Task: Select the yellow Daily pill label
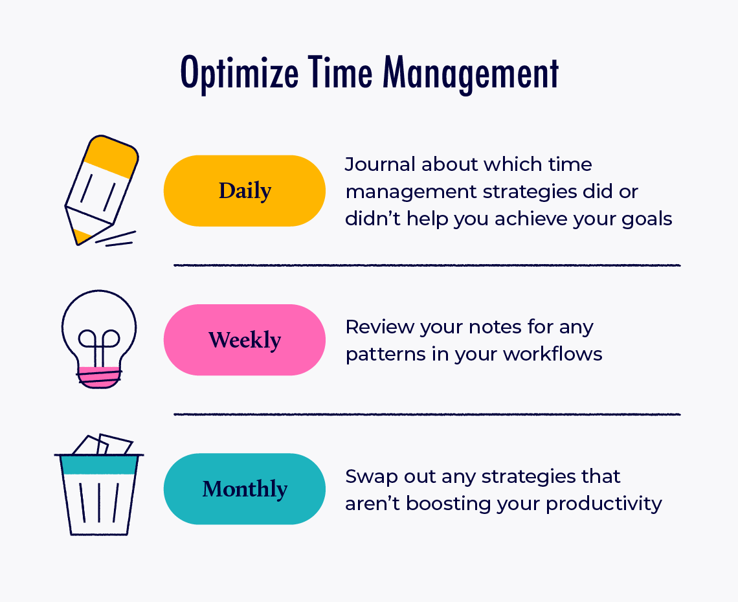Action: tap(245, 190)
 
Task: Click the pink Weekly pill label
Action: tap(245, 340)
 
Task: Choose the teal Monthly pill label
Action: tap(245, 489)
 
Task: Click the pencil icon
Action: tap(100, 191)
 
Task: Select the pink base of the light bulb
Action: tap(99, 377)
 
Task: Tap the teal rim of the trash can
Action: tap(99, 464)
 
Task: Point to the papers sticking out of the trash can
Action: tap(104, 445)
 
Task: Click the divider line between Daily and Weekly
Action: tap(427, 265)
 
